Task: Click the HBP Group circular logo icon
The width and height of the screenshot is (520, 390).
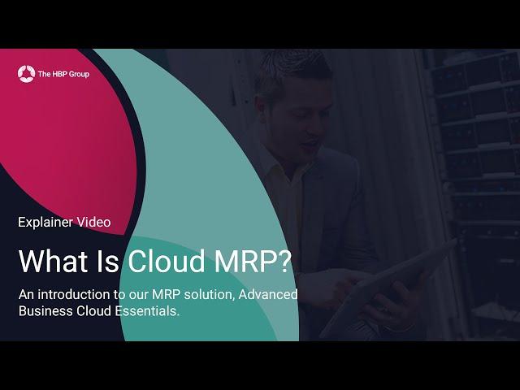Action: click(x=26, y=74)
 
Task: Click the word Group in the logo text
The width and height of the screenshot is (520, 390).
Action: click(x=80, y=74)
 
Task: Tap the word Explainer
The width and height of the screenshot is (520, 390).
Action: click(x=45, y=223)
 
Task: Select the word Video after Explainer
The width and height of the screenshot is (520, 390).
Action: click(x=94, y=222)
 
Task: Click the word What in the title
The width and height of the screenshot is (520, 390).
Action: click(x=54, y=261)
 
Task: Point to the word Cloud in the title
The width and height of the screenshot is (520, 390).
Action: click(x=167, y=260)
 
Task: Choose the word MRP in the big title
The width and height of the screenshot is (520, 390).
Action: click(x=241, y=261)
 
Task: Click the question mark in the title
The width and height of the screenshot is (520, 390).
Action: click(x=282, y=261)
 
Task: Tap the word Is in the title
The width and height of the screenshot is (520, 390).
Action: click(x=108, y=261)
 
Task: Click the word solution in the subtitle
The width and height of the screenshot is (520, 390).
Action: click(x=209, y=294)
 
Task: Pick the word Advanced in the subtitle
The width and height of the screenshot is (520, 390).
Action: click(x=268, y=294)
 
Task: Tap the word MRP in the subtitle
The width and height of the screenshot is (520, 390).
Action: click(x=166, y=294)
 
